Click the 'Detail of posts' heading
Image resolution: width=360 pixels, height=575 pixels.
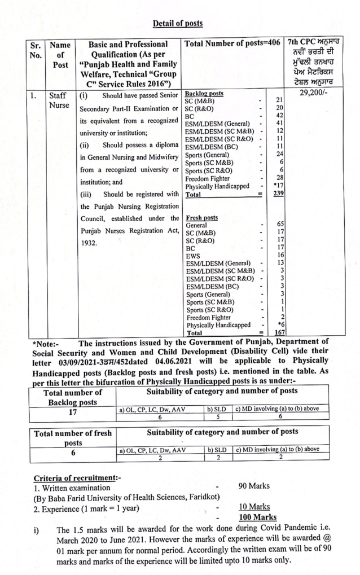pos(178,24)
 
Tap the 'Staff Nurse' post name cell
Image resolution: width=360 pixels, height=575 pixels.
pos(59,100)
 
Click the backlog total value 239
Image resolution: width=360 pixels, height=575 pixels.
pos(276,194)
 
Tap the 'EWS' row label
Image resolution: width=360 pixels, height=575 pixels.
pos(192,255)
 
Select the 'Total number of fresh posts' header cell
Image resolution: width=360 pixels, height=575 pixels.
pos(73,438)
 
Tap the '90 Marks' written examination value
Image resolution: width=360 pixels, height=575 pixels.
pos(254,486)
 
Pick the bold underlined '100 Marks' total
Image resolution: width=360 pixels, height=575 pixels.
pos(257,517)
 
